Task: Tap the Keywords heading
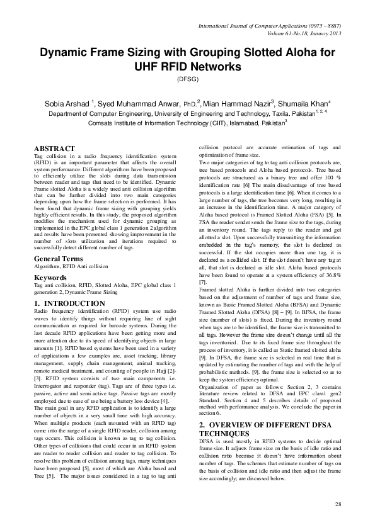(x=50, y=276)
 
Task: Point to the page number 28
(x=338, y=504)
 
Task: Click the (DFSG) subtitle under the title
(x=187, y=80)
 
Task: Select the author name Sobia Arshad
(x=66, y=103)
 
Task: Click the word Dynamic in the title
(x=66, y=54)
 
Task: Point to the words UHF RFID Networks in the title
(x=187, y=67)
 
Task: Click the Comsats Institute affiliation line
(x=187, y=124)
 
